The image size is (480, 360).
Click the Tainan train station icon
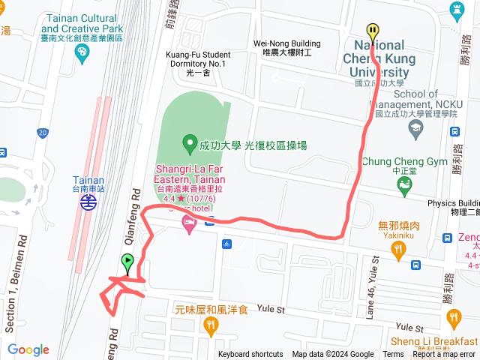[x=88, y=201]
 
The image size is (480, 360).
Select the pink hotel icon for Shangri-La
[x=188, y=225]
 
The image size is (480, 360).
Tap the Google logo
[x=28, y=349]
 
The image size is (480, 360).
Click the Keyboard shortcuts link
[x=250, y=355]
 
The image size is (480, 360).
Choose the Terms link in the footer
[x=393, y=355]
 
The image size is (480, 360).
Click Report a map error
[x=444, y=355]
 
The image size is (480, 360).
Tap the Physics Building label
[x=453, y=203]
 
